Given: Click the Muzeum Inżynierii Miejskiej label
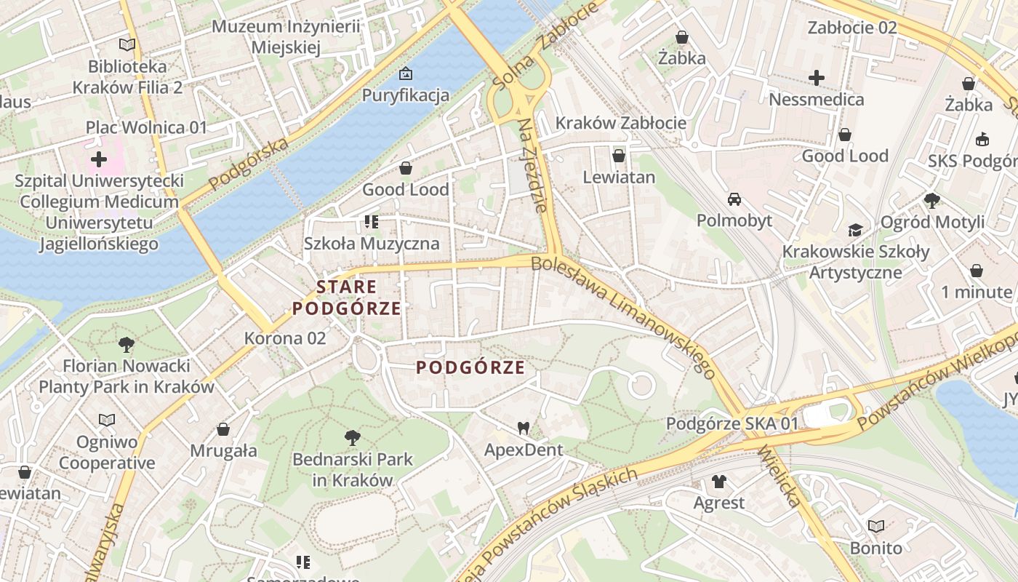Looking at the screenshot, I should tap(286, 37).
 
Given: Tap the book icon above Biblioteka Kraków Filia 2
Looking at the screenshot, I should tap(127, 44).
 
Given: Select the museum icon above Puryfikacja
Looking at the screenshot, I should tap(406, 73).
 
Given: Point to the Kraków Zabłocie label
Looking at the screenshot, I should tap(620, 123).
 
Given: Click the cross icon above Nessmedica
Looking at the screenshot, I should tap(817, 77).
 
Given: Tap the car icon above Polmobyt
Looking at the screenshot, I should tap(734, 199).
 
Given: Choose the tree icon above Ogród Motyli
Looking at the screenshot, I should tap(931, 200).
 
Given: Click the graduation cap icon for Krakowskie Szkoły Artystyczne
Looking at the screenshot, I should tap(855, 230).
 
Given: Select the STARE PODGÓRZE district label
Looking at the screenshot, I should tap(347, 298).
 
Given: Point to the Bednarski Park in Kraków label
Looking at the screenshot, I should tap(353, 470).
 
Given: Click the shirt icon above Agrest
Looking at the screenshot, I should tap(718, 481).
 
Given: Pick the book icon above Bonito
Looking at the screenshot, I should tap(875, 526).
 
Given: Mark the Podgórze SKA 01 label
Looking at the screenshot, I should tap(732, 423).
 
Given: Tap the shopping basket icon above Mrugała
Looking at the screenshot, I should tap(223, 429).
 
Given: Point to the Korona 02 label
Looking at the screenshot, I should tap(285, 338).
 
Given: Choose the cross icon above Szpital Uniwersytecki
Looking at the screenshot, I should tap(99, 159).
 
